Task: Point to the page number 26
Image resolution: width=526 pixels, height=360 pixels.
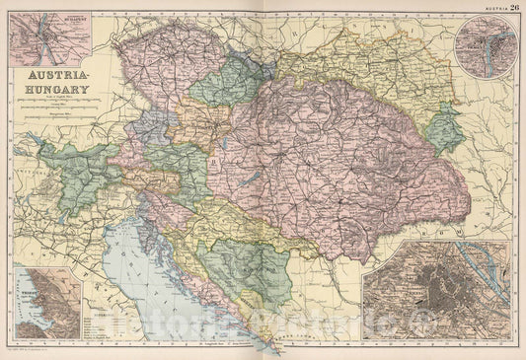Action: click(515, 7)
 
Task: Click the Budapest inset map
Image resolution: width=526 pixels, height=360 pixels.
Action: click(44, 36)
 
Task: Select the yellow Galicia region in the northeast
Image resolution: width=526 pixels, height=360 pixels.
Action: click(365, 74)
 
